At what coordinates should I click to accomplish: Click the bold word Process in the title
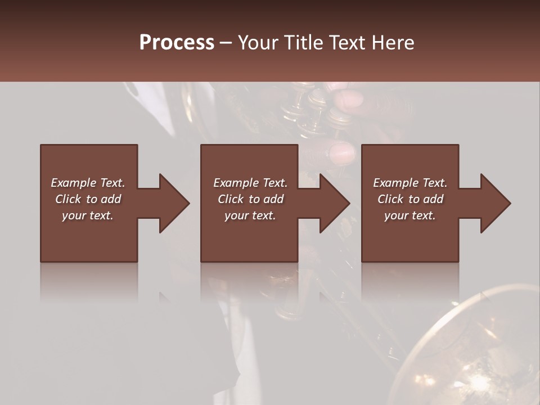tap(177, 43)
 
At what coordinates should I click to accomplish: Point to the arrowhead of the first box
tap(174, 203)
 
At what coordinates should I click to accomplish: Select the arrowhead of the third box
tap(495, 203)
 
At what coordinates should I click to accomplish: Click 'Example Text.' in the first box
tap(88, 183)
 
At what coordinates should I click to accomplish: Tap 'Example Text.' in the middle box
tap(250, 183)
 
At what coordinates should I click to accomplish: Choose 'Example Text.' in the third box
tap(410, 183)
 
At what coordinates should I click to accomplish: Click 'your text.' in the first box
tap(88, 215)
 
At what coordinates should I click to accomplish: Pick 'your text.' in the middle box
tap(250, 215)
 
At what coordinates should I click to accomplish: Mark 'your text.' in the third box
tap(410, 215)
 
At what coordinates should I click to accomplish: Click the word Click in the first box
tap(68, 199)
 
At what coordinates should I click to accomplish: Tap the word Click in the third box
tap(390, 199)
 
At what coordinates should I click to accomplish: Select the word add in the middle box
tap(273, 199)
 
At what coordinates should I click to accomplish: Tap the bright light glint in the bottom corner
tap(477, 383)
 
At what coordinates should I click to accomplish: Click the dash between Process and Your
tap(226, 43)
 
